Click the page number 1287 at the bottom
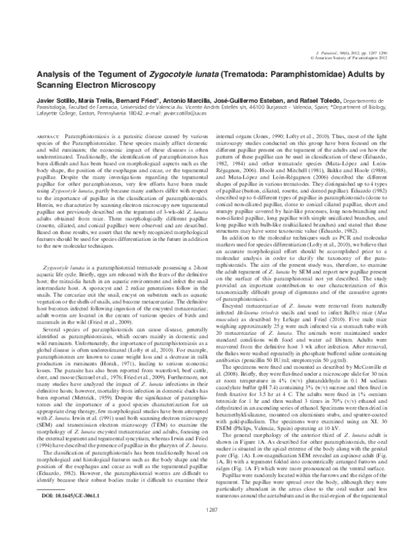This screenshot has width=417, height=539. tap(208, 529)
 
